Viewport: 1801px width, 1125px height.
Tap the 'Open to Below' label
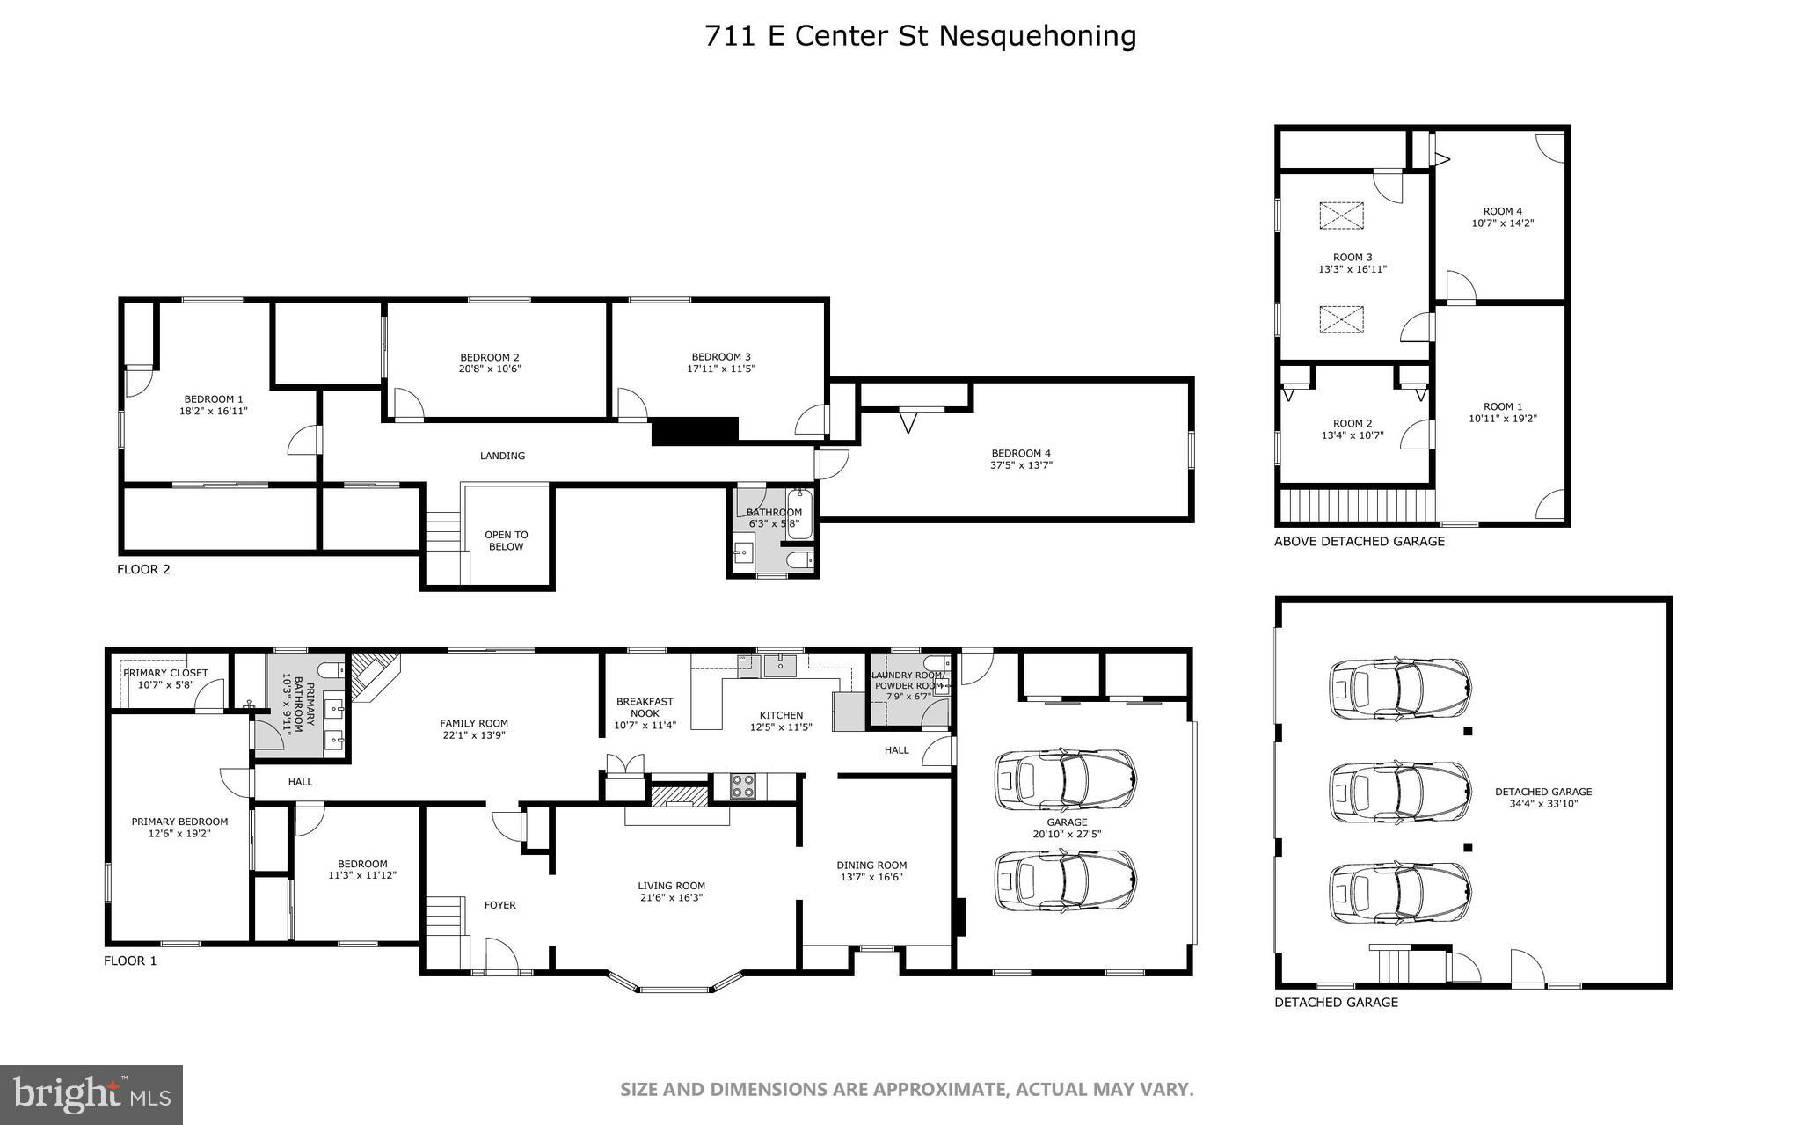point(506,540)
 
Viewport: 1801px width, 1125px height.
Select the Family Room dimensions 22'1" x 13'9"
point(474,735)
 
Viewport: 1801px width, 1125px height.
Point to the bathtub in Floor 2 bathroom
point(798,514)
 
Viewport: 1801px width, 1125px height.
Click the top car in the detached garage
point(1399,689)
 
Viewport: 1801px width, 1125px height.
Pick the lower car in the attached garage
point(1065,881)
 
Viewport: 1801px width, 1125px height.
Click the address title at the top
point(920,36)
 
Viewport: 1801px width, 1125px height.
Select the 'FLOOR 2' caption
point(143,569)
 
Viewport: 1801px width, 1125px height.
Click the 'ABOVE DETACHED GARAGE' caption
point(1359,542)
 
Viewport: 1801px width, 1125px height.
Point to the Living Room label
point(672,886)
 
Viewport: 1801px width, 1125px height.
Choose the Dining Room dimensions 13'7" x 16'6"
point(871,877)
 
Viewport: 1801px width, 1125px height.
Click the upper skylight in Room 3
point(1342,216)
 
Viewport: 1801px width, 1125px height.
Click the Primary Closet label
point(166,673)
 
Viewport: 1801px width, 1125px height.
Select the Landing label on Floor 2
point(502,456)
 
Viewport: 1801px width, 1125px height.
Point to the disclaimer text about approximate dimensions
point(907,1090)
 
